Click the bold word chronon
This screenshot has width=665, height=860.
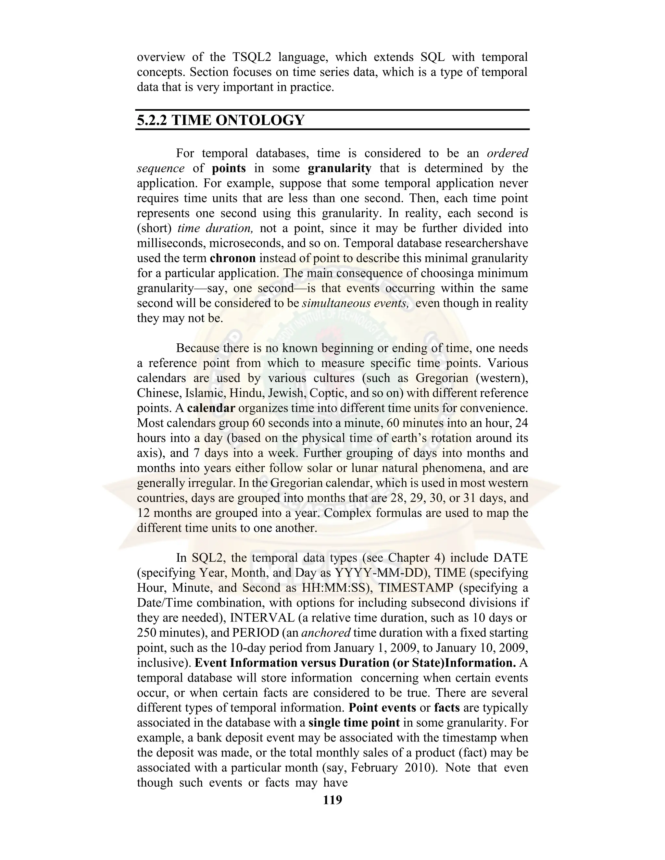tap(233, 258)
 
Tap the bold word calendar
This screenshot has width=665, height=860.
tap(211, 408)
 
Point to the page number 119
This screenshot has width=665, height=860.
tap(332, 800)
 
